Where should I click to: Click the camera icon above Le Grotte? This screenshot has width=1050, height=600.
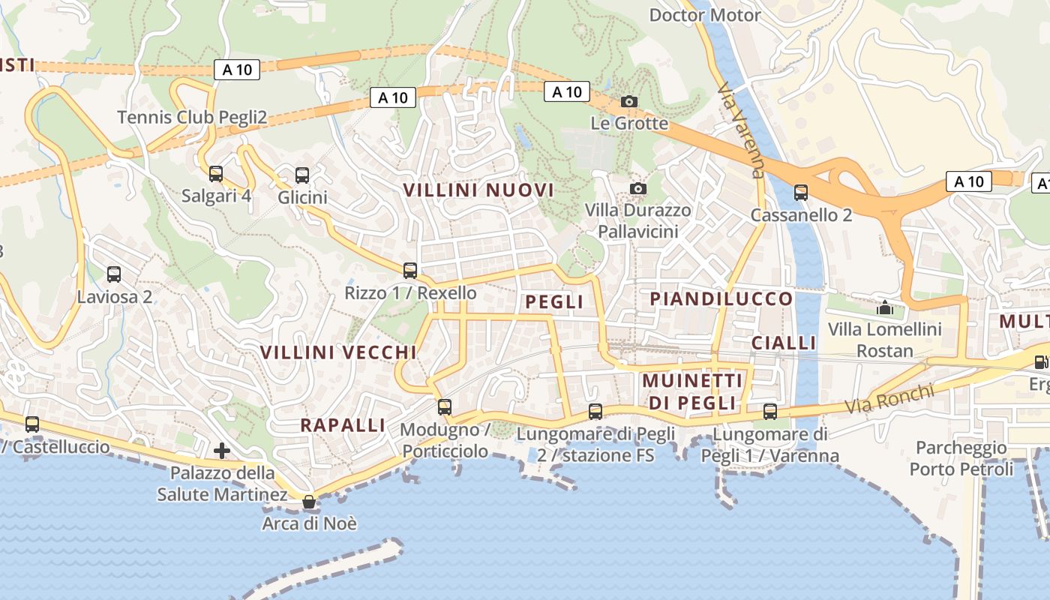coord(629,101)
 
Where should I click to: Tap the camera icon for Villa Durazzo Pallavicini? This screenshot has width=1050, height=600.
coord(638,188)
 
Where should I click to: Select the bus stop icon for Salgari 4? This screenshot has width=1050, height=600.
coord(216,174)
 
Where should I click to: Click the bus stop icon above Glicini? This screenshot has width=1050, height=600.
coord(302,175)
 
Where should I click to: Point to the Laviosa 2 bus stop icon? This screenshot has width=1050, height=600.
coord(114,274)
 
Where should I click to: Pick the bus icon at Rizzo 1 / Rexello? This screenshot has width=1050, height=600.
coord(410,271)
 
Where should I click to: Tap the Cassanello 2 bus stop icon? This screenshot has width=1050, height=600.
coord(801,193)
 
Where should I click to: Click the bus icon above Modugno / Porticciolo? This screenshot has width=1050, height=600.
coord(445,407)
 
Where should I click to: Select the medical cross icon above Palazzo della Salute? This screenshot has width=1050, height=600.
coord(222,451)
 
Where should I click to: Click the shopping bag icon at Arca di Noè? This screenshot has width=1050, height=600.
coord(309,502)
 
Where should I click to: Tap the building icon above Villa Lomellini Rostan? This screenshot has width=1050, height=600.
coord(885,307)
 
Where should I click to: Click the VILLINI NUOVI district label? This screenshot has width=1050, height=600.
coord(479,190)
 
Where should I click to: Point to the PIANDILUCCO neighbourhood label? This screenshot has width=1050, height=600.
coord(721,298)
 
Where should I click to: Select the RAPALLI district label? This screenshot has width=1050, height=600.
coord(343,425)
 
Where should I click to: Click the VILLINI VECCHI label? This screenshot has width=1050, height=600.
coord(338,352)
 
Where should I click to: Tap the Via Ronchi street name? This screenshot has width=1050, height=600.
coord(890,399)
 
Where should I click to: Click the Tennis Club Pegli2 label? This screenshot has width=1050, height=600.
coord(193,117)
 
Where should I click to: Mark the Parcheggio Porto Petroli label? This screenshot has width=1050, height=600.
coord(961,459)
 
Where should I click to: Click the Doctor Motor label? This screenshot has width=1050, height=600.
coord(705,15)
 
